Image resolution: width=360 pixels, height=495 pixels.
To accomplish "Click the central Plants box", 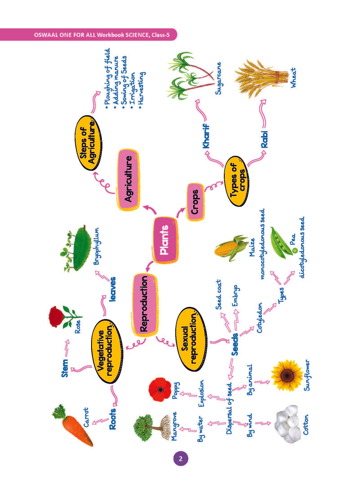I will pyautogui.click(x=165, y=240).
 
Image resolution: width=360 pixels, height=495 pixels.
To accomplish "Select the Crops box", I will pyautogui.click(x=195, y=202).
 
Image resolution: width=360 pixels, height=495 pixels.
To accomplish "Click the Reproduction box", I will pyautogui.click(x=144, y=305).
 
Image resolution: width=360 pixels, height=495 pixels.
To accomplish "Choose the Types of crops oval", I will pyautogui.click(x=236, y=181).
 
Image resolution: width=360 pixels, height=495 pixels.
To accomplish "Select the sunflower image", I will pyautogui.click(x=287, y=375).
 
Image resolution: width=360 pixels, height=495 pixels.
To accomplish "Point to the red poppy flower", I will pyautogui.click(x=160, y=390).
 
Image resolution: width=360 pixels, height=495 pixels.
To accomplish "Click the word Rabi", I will pyautogui.click(x=264, y=140).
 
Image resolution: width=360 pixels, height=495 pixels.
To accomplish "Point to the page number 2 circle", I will pyautogui.click(x=181, y=458).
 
